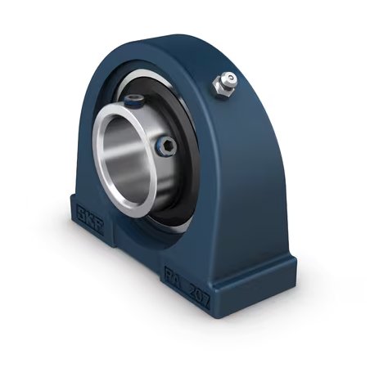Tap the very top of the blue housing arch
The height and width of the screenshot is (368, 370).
[176, 38]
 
